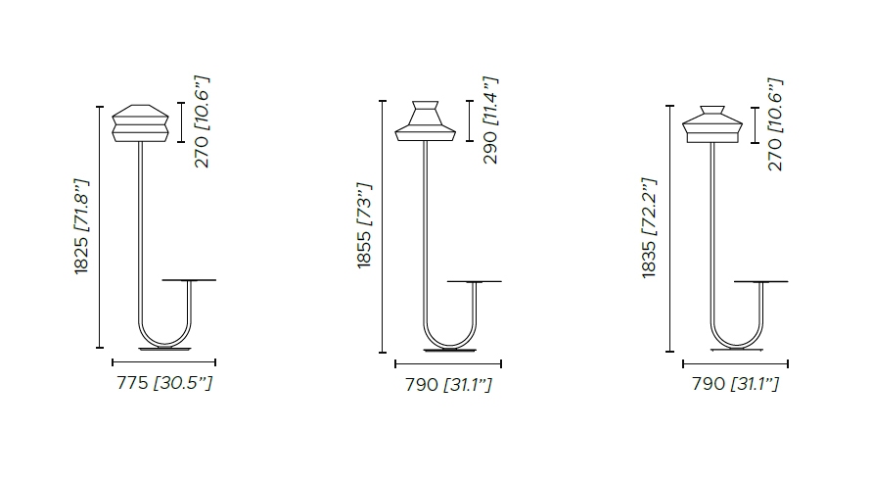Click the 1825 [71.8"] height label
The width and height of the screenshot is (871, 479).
click(81, 226)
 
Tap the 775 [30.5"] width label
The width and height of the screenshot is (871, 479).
click(164, 383)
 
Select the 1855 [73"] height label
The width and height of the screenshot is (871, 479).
click(364, 225)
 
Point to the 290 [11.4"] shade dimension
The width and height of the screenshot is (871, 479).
click(490, 120)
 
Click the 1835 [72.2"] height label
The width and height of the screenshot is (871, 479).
click(649, 228)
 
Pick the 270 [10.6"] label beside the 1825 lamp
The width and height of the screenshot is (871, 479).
click(203, 121)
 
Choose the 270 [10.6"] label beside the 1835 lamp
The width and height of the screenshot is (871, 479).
click(775, 124)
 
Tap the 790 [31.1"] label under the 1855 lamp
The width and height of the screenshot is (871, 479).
click(448, 385)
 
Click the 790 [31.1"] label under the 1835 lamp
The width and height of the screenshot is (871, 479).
click(736, 383)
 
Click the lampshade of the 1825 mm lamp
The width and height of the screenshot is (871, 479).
click(140, 123)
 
